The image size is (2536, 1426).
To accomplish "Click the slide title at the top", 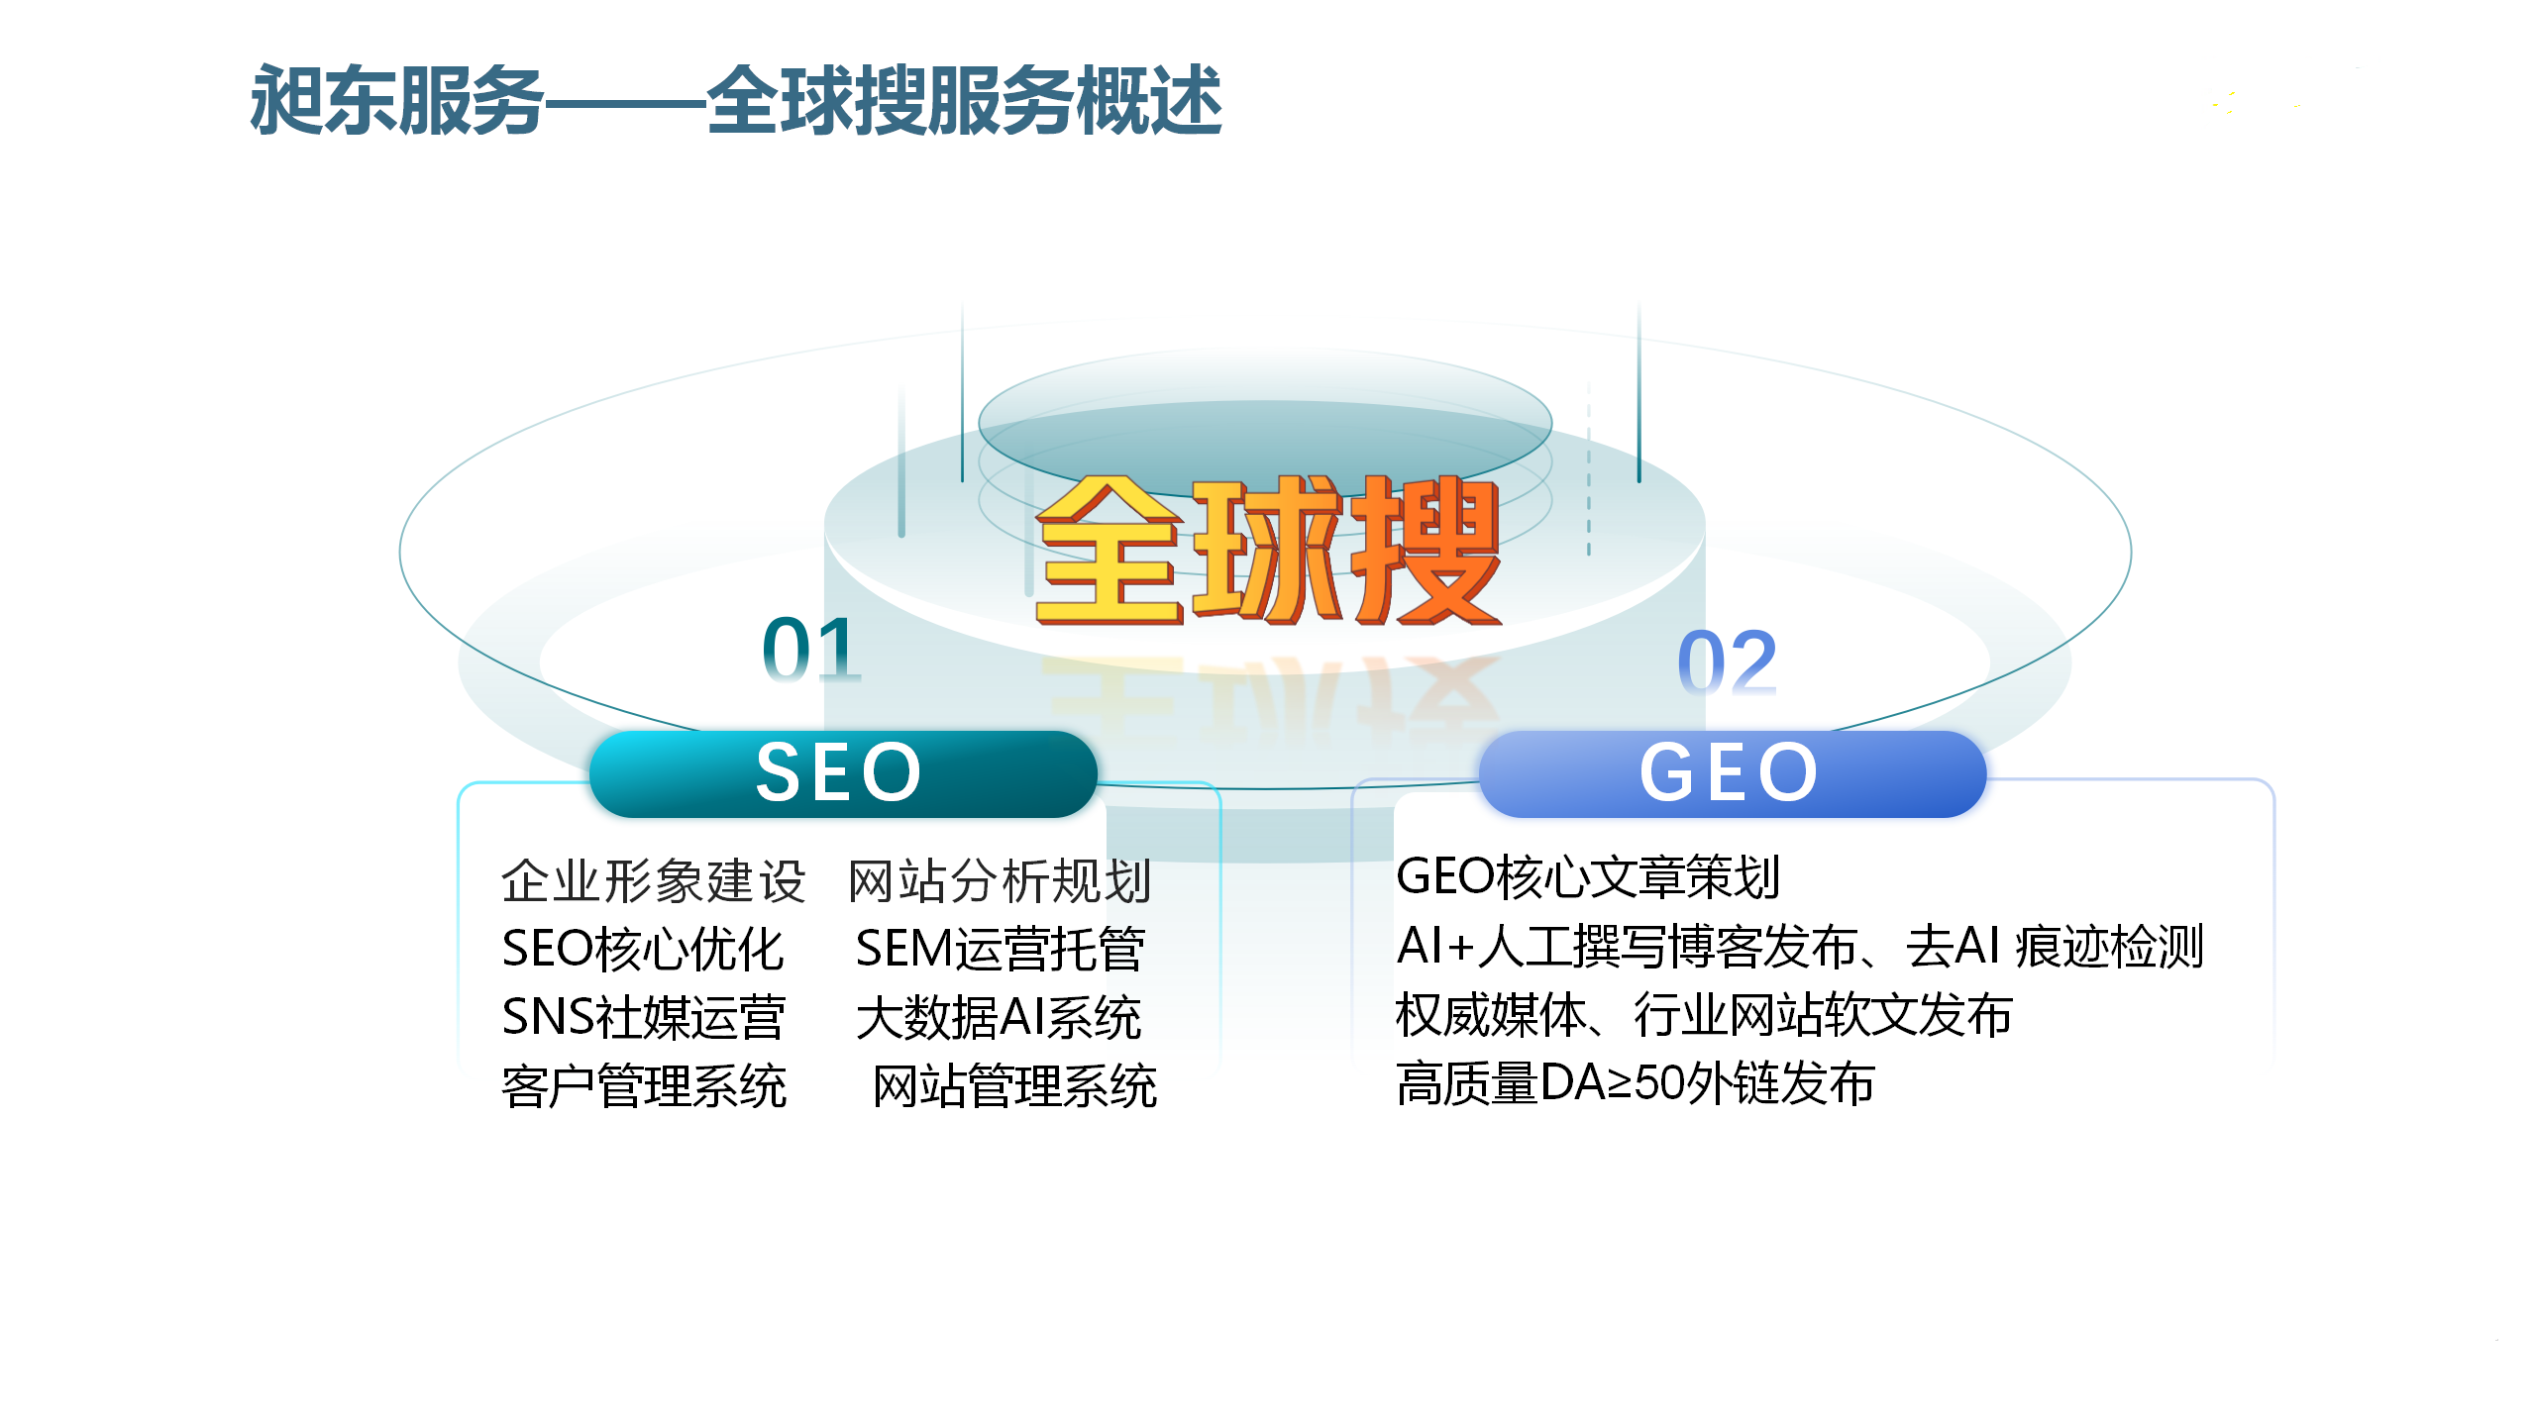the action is coord(735,99).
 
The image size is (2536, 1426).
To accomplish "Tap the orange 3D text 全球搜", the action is coord(1268,550).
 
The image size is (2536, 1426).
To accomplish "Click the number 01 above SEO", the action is coord(811,650).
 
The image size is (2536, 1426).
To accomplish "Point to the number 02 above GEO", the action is coord(1728,662).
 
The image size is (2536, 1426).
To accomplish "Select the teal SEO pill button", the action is coord(843,773).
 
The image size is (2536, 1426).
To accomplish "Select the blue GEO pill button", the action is coord(1733,773).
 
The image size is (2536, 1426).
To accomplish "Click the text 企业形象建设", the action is coord(654,880).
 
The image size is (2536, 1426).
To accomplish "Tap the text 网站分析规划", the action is coord(1000,880).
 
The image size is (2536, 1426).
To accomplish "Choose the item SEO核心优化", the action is coord(643,949).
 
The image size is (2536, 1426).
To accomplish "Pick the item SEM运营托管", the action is coord(1001,949).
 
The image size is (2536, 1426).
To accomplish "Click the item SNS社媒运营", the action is coord(644,1017).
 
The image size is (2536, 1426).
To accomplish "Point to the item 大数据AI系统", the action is coord(999,1017).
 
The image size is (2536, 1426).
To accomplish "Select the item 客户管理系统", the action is coord(644,1086).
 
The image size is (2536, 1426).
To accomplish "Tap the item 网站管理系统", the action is coord(1014,1086).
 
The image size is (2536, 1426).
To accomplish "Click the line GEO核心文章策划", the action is coord(1588,876).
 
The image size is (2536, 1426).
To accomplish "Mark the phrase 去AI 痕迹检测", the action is coord(2055,946).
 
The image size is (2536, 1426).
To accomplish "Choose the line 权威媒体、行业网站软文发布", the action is coord(1704,1015).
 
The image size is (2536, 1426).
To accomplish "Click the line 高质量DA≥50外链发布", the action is coord(1636,1083).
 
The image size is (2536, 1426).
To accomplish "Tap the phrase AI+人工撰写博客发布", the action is coord(1627,946).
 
